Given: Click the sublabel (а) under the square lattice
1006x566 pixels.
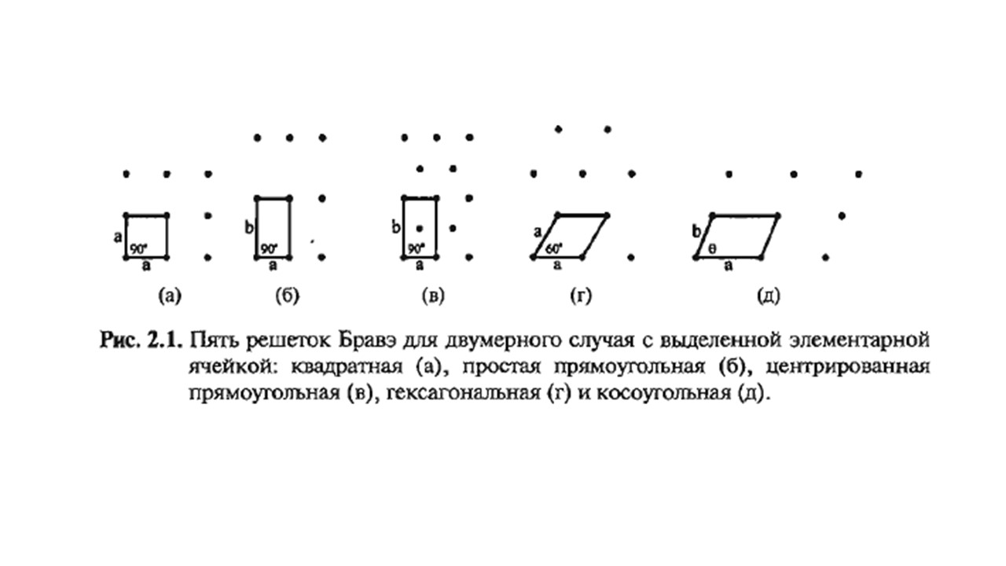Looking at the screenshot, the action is click(170, 296).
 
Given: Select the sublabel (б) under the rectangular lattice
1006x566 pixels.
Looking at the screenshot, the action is click(288, 296).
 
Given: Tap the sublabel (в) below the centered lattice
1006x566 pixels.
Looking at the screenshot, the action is click(433, 296).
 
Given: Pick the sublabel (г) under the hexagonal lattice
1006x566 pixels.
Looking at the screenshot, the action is click(581, 296).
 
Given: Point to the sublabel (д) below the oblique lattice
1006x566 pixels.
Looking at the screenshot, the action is click(769, 296).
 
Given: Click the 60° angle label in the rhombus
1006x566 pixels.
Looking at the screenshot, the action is click(554, 248).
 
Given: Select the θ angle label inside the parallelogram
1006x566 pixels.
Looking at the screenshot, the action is click(713, 248).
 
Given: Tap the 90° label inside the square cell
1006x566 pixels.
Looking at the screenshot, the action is click(139, 249).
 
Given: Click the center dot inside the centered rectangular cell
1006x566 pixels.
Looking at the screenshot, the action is click(420, 229).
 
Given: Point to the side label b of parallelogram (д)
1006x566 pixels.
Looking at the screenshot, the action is click(696, 232).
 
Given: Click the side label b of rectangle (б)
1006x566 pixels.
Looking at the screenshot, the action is click(249, 228).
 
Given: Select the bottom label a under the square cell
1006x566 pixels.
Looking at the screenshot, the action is click(146, 266).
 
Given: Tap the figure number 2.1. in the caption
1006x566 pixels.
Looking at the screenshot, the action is click(165, 340).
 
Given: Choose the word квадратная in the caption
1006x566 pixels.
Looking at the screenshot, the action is click(347, 367).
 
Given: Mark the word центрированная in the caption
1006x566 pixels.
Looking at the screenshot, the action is click(847, 367).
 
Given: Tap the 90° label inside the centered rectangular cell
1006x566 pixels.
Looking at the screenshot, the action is click(417, 248).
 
